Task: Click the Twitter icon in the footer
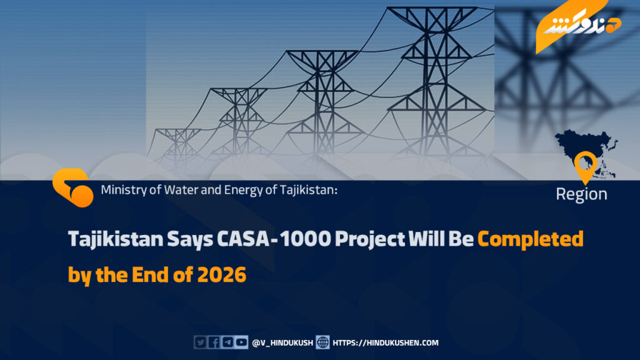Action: [200, 342]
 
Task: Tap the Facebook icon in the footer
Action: [214, 342]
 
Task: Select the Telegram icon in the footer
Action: [227, 342]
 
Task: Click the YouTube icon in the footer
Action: [242, 342]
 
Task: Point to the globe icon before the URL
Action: [322, 342]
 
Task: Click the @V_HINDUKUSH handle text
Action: [282, 343]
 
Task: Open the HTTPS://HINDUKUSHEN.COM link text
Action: [385, 343]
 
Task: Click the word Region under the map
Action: [581, 194]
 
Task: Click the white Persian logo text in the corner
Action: [576, 25]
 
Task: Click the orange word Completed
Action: [530, 239]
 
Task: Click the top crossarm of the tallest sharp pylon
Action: [432, 9]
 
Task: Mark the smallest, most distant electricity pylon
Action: [178, 145]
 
